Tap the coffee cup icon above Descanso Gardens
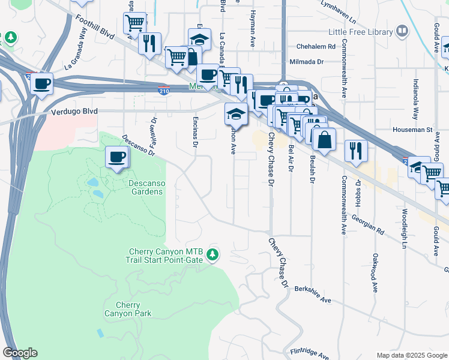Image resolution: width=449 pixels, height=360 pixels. click(x=117, y=158)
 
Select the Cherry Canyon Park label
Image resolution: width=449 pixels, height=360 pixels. click(x=128, y=309)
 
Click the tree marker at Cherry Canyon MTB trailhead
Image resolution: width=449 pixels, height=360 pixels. click(x=212, y=255)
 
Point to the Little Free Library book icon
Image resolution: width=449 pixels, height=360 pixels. click(x=403, y=31)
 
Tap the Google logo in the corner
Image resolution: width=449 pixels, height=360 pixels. click(x=20, y=353)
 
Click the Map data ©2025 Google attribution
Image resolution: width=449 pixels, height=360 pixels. click(x=411, y=355)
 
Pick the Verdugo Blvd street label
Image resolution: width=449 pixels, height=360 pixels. click(x=71, y=111)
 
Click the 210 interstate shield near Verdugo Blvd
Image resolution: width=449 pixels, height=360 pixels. click(x=163, y=91)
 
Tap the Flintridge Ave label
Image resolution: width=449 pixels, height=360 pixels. click(x=310, y=352)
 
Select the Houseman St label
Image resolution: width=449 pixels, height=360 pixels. click(x=412, y=129)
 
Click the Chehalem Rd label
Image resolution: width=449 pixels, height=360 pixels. click(x=315, y=46)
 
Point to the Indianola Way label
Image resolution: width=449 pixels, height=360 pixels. click(x=415, y=100)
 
